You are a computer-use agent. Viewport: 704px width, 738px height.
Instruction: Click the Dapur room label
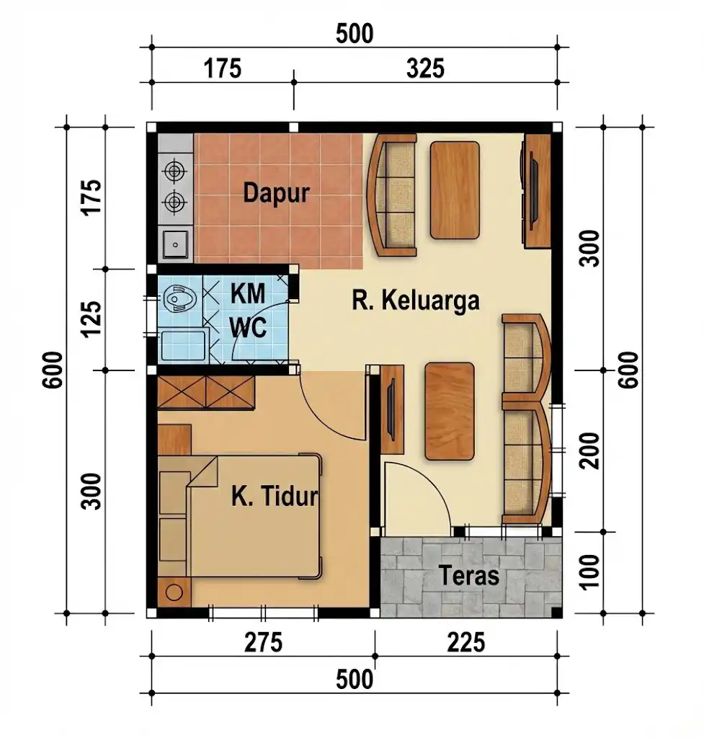pyautogui.click(x=276, y=193)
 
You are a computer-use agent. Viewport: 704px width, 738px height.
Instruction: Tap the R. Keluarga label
pyautogui.click(x=415, y=300)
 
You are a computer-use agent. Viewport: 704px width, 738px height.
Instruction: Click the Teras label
pyautogui.click(x=468, y=576)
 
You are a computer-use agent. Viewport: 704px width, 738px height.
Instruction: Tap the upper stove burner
pyautogui.click(x=174, y=171)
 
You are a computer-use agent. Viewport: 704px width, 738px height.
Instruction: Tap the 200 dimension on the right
pyautogui.click(x=591, y=451)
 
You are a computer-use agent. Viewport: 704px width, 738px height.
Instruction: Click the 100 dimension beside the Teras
pyautogui.click(x=591, y=572)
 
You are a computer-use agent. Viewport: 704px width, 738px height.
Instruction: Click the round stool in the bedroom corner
pyautogui.click(x=174, y=592)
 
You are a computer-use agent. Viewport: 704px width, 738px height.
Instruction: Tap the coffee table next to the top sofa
pyautogui.click(x=455, y=190)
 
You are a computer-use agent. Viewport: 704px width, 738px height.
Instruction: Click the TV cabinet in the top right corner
pyautogui.click(x=536, y=191)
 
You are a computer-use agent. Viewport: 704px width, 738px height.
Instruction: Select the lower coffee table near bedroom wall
pyautogui.click(x=450, y=410)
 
